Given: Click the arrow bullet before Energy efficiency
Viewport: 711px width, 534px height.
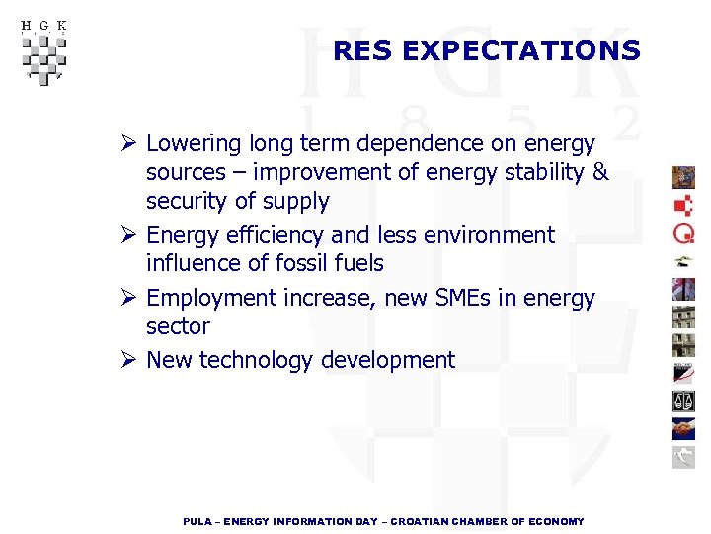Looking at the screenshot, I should pyautogui.click(x=126, y=235).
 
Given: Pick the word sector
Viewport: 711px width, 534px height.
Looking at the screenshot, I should pyautogui.click(x=178, y=326).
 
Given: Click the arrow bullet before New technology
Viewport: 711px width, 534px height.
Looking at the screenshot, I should pyautogui.click(x=126, y=360).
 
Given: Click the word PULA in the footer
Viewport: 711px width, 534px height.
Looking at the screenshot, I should pyautogui.click(x=197, y=521).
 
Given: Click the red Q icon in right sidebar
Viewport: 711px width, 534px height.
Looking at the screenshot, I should pyautogui.click(x=683, y=233).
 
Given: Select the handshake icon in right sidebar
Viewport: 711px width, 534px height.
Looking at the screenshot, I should pyautogui.click(x=683, y=428).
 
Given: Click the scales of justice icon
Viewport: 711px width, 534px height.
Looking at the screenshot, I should pyautogui.click(x=683, y=400).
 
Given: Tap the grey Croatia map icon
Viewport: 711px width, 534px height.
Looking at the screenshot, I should pyautogui.click(x=683, y=456).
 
